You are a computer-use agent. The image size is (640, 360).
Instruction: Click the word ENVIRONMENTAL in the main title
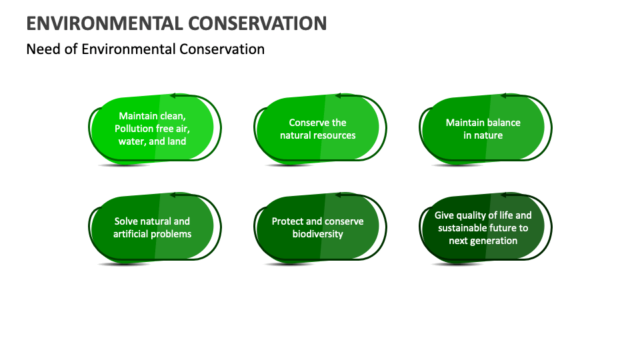click(x=103, y=23)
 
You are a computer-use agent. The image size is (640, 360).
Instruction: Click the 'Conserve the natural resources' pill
click(x=317, y=129)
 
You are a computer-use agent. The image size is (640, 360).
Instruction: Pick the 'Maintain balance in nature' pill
click(x=483, y=129)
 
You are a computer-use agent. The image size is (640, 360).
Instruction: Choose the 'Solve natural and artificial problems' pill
click(x=152, y=227)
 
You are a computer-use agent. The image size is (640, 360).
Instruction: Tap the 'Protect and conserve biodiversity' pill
click(x=317, y=227)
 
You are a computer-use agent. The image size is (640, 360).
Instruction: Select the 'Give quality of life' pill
click(x=483, y=227)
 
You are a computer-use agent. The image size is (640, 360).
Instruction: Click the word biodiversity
click(x=318, y=234)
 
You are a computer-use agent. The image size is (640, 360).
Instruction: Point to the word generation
click(x=494, y=241)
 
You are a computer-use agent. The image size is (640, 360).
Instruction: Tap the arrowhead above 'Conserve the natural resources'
click(x=338, y=95)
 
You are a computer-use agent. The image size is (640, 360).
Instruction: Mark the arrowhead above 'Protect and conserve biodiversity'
click(x=338, y=195)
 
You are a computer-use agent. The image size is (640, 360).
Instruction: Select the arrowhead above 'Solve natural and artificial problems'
click(x=173, y=195)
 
